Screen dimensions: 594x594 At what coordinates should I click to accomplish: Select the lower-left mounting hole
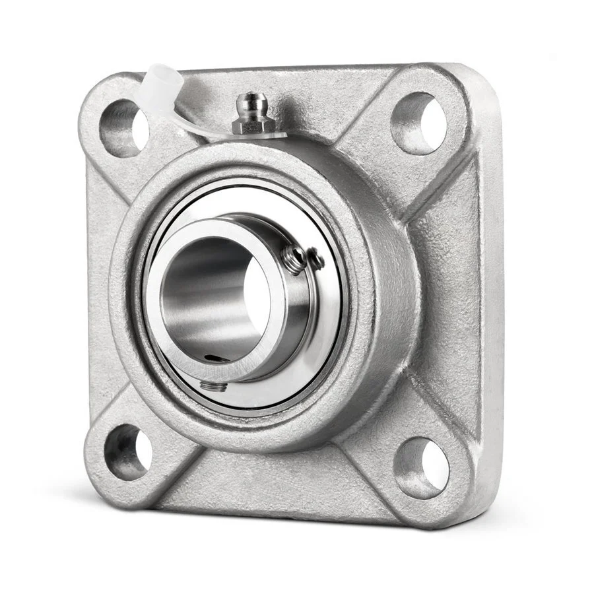coord(127,451)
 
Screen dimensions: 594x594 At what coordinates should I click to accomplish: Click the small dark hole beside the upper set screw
coord(317,261)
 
